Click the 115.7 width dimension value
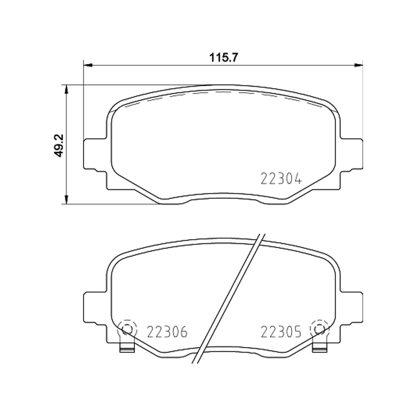[224, 57]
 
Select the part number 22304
[281, 178]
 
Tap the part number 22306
[167, 331]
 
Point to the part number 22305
[281, 331]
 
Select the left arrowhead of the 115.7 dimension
[88, 65]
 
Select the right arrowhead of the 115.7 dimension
[358, 65]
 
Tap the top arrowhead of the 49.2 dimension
[66, 89]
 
